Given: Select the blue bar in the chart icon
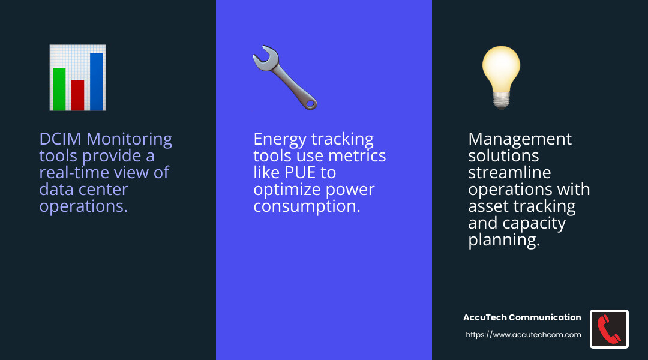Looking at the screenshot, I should pyautogui.click(x=96, y=82).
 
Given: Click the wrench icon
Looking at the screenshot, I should pyautogui.click(x=284, y=79).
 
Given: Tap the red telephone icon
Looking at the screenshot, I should pyautogui.click(x=609, y=329).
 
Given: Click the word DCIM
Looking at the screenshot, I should pyautogui.click(x=61, y=139).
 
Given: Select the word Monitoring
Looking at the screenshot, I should pyautogui.click(x=129, y=139).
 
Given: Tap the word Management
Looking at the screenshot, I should pyautogui.click(x=520, y=139).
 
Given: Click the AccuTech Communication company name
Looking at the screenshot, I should pyautogui.click(x=522, y=317).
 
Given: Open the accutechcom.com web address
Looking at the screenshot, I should pyautogui.click(x=523, y=335).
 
